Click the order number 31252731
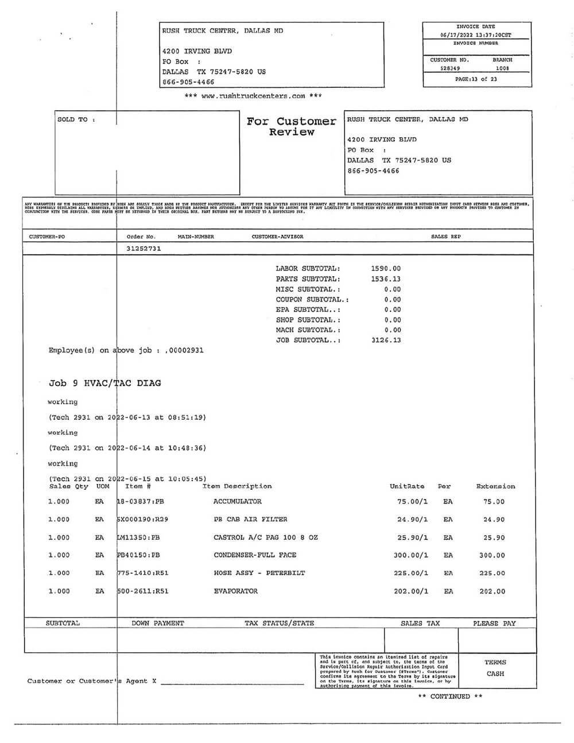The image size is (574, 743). point(143,249)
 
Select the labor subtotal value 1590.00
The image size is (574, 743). point(386,268)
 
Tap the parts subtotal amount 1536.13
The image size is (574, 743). point(386,278)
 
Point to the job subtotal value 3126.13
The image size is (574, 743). point(386,340)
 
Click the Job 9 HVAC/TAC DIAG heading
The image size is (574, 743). point(105,383)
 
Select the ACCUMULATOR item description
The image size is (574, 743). point(237,501)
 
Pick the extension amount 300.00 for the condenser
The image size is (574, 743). point(492,555)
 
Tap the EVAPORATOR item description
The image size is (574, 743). point(235,591)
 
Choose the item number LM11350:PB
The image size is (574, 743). point(138,537)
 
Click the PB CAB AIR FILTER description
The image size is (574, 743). point(250,519)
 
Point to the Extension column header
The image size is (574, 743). point(495,486)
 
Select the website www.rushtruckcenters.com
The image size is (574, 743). point(253,96)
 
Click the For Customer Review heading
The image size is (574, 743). point(292,126)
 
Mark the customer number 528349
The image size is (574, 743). point(450,68)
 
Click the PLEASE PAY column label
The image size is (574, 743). point(494,623)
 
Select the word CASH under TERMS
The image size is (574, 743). point(495,674)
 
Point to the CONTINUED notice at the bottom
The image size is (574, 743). point(450,696)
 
